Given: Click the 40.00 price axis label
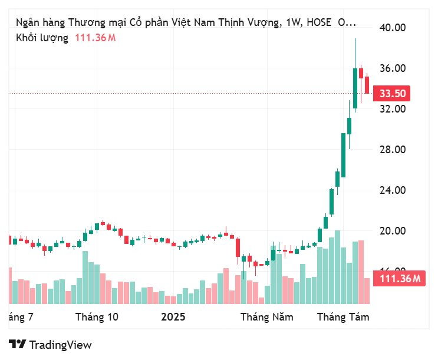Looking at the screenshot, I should (393, 27).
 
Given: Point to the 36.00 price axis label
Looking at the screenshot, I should (393, 68).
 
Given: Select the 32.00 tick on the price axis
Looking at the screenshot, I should (393, 109).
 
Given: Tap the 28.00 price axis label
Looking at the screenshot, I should (393, 150).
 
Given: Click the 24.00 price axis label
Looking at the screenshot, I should (393, 190).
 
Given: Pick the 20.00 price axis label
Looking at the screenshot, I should (393, 231).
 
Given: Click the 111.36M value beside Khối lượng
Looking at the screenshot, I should (95, 38).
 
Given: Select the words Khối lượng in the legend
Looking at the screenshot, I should (42, 38).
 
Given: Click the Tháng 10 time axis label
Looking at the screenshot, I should (97, 317).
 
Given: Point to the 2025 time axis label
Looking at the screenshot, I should (173, 317).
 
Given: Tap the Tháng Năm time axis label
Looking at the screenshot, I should (266, 317).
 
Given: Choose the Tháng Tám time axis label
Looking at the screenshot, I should (343, 317).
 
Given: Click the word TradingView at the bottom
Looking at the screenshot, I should (60, 345).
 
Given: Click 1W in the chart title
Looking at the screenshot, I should (293, 23).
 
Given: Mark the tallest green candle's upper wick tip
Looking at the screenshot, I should (355, 39).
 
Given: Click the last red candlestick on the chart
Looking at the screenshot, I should (367, 84).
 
